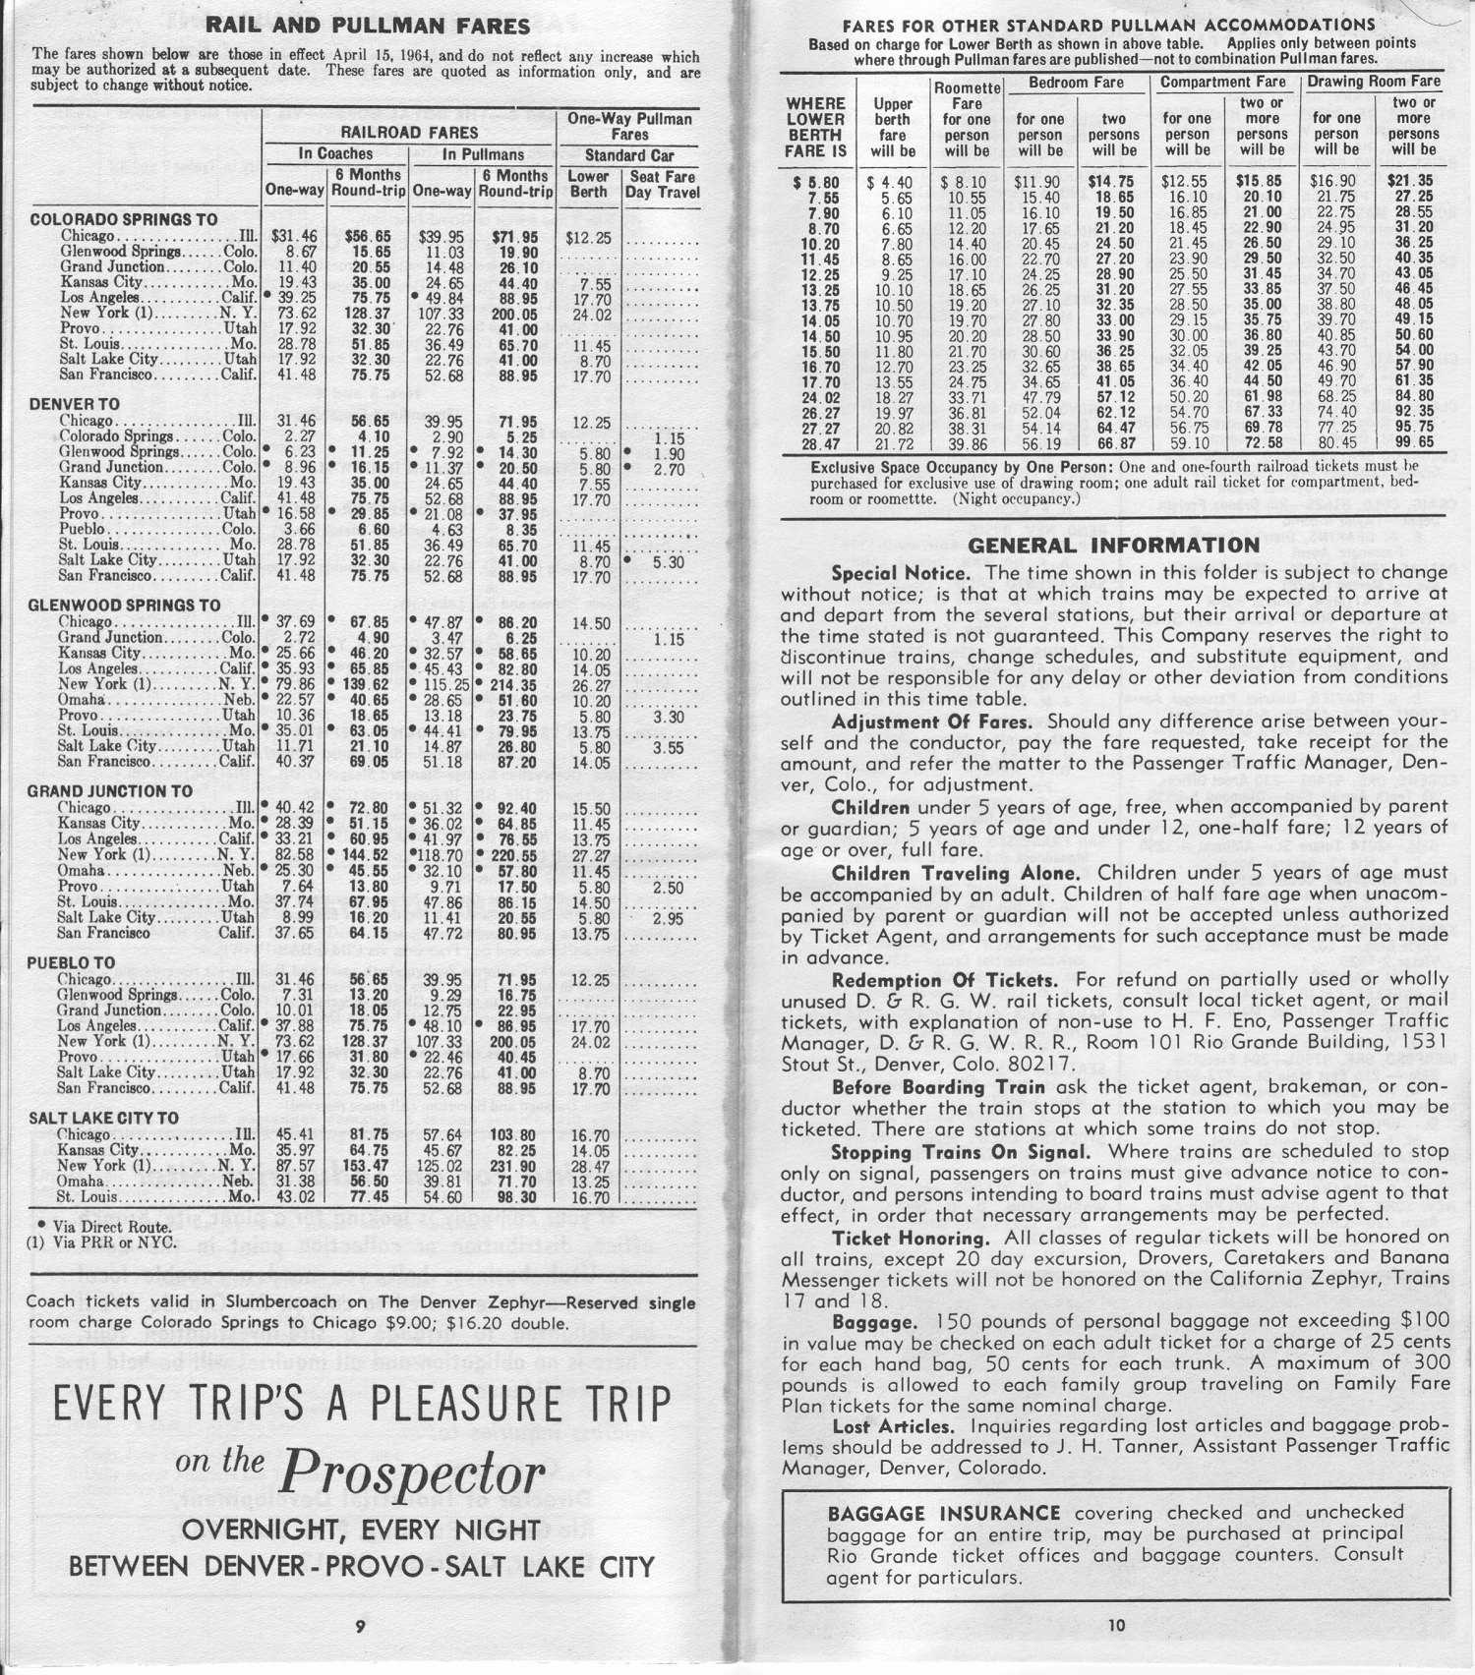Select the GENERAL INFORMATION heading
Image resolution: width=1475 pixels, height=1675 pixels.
pos(1113,546)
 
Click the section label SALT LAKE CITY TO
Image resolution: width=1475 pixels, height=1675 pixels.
pos(103,1118)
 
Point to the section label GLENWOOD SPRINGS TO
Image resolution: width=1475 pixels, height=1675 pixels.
pos(125,606)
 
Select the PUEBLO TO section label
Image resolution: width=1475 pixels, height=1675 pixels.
pos(72,962)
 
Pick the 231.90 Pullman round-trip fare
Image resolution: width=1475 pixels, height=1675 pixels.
pos(515,1166)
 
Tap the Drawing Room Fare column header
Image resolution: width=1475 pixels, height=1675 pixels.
pos(1373,82)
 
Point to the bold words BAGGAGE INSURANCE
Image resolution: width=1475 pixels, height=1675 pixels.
pos(943,1512)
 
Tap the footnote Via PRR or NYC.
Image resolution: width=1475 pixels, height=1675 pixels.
pos(93,1242)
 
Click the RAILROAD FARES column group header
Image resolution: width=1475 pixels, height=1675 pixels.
pos(409,132)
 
